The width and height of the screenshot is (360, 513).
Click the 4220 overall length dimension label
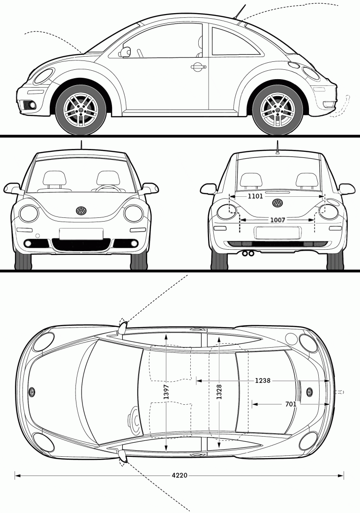click(x=179, y=475)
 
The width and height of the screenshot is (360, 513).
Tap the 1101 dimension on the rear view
click(x=255, y=196)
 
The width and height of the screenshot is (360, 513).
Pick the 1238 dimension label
click(x=262, y=380)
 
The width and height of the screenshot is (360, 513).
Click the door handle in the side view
click(x=198, y=67)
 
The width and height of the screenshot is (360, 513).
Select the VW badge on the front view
click(x=82, y=211)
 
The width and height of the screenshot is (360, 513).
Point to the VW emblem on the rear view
click(x=277, y=203)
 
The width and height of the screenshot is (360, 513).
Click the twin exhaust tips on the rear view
click(x=248, y=253)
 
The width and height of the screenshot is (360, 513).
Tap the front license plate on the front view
click(x=81, y=233)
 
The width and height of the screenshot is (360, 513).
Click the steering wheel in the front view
click(x=107, y=188)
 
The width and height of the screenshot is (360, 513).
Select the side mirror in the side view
click(x=125, y=52)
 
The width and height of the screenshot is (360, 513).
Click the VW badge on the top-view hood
click(x=32, y=392)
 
